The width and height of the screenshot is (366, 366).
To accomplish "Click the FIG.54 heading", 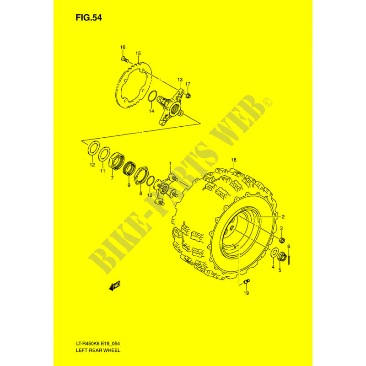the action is (88, 18).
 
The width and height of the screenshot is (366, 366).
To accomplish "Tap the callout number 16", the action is (123, 47).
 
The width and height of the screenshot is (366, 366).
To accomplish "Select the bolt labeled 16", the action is (125, 59).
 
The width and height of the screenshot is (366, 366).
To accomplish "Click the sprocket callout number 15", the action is (138, 54).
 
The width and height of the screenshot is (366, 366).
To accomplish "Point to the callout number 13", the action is (180, 80).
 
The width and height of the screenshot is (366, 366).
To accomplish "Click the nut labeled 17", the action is (188, 95).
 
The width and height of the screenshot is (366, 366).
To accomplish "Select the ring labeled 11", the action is (104, 154).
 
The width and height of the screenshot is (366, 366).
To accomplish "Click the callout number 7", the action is (112, 178).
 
